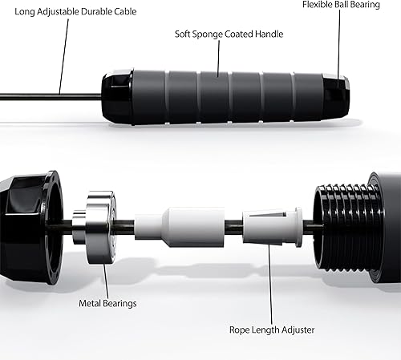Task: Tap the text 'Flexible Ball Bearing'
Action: click(x=350, y=5)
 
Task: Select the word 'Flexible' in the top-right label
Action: click(x=319, y=5)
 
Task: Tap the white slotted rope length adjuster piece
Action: click(x=271, y=227)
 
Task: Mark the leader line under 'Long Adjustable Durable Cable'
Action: click(x=59, y=56)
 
